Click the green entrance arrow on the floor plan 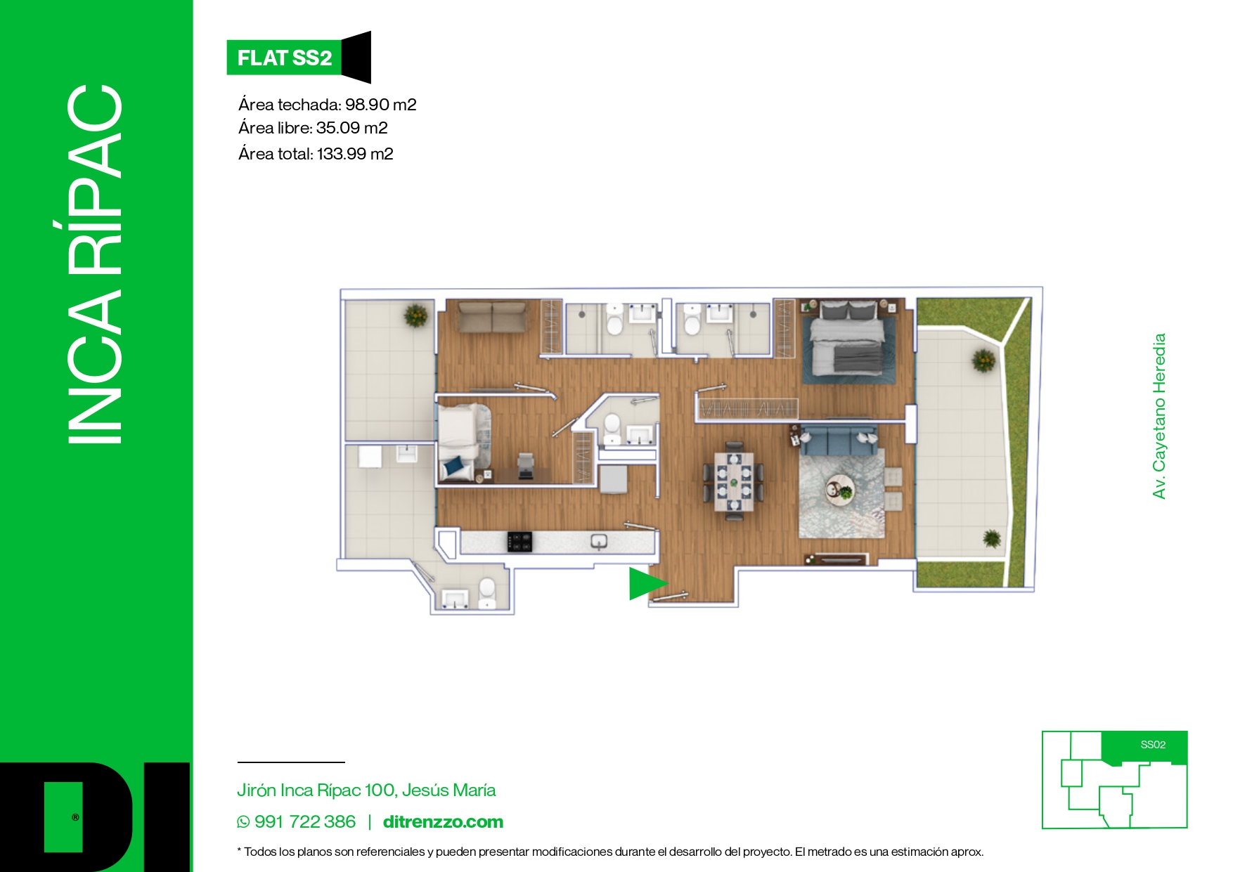(x=645, y=583)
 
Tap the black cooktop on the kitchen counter (x=519, y=541)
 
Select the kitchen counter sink (x=599, y=541)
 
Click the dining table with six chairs (x=734, y=481)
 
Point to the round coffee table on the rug (x=840, y=489)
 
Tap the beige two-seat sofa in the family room (x=491, y=316)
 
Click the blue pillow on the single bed (x=453, y=465)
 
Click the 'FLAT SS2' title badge (x=284, y=58)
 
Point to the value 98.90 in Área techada (x=367, y=105)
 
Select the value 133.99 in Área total (x=341, y=154)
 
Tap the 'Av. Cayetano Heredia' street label (x=1159, y=416)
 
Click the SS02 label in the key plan (x=1153, y=745)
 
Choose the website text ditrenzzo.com (x=443, y=822)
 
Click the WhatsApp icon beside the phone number (x=243, y=822)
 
